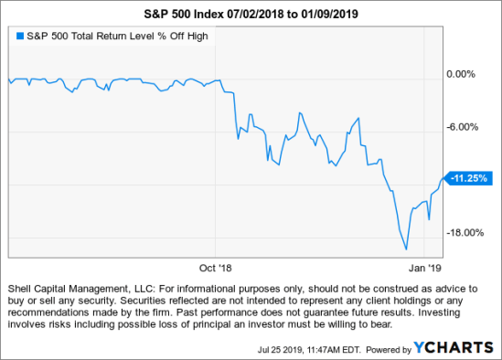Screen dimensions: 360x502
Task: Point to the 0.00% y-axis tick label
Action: (463, 74)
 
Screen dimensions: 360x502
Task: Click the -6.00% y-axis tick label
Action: (462, 127)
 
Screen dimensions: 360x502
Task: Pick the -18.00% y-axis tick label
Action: (463, 232)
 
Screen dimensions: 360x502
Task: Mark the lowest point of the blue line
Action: (405, 249)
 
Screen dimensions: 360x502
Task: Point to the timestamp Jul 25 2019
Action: (278, 348)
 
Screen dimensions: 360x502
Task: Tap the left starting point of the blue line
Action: (5, 82)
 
